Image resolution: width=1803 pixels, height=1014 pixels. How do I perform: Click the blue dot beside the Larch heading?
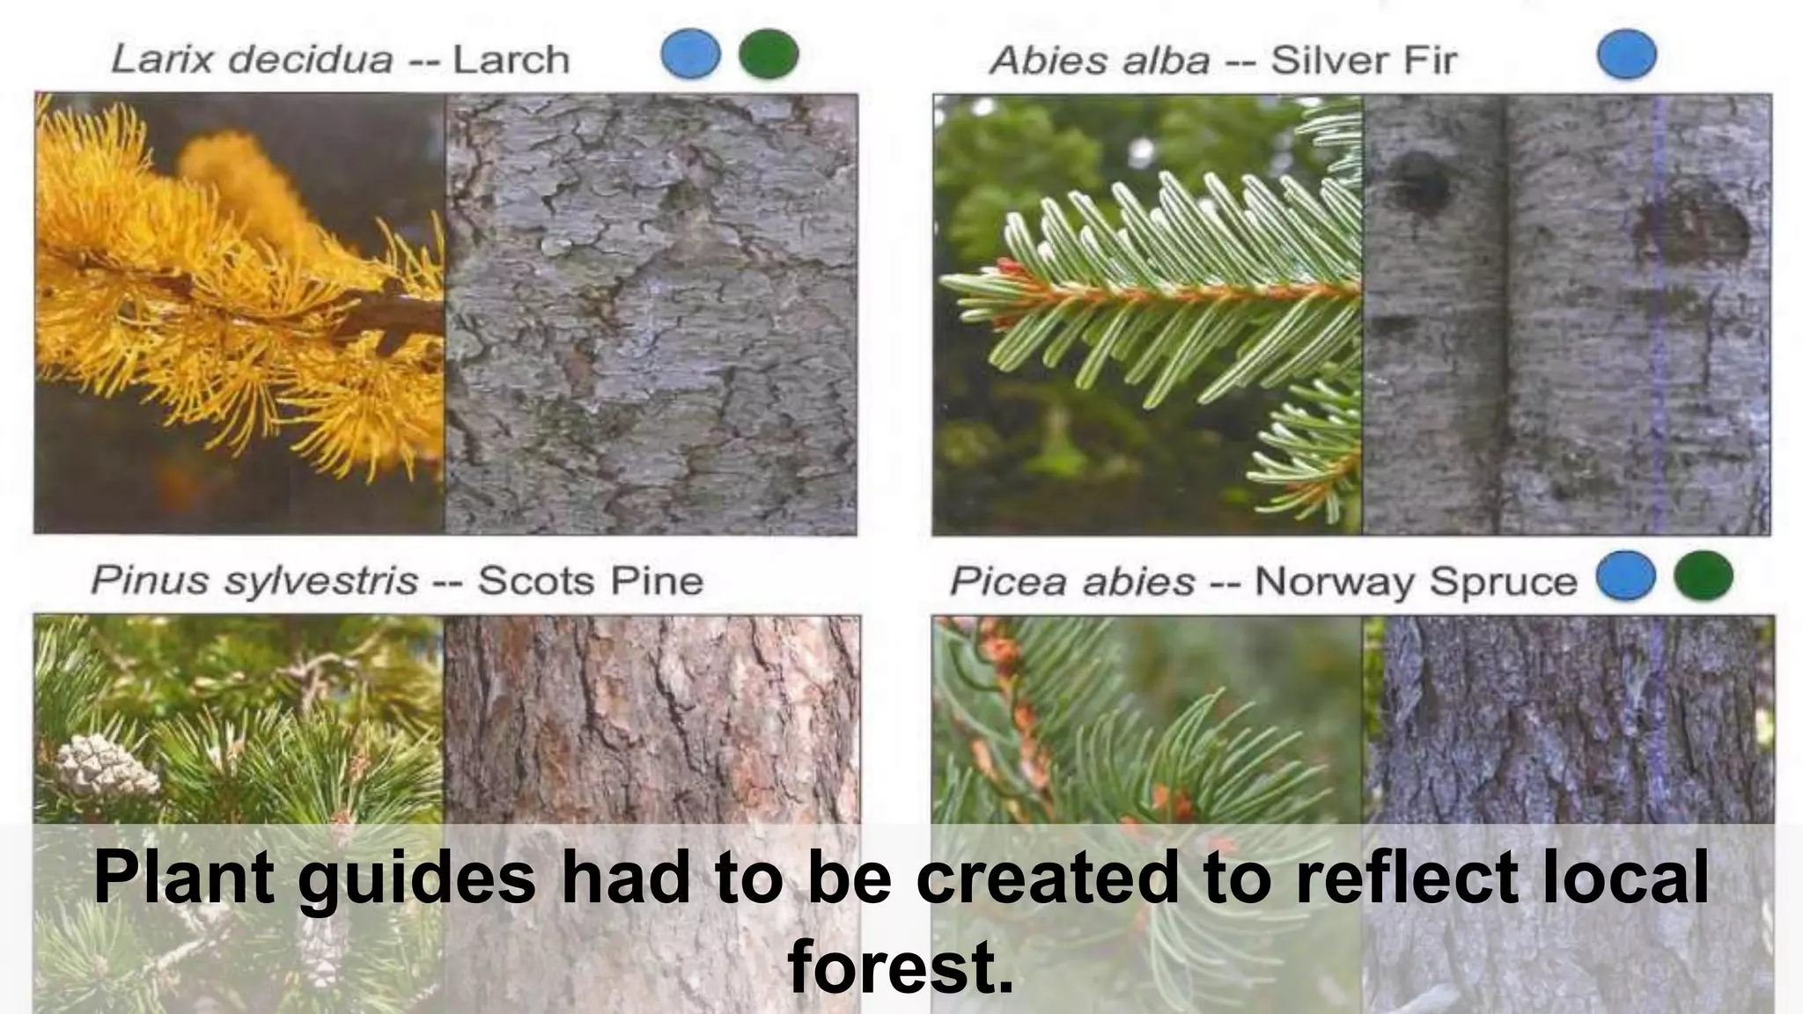tap(690, 54)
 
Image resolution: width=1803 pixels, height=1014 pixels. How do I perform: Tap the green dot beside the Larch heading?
tap(769, 54)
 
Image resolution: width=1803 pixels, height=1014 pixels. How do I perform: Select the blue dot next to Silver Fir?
tap(1626, 54)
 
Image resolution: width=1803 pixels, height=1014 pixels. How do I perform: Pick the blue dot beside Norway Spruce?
tap(1625, 576)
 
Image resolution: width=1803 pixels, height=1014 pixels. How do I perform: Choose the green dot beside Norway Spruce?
tap(1704, 576)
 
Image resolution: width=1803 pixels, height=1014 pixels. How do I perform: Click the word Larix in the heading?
tap(162, 60)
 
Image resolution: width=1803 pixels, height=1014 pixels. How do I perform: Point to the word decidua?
tap(309, 60)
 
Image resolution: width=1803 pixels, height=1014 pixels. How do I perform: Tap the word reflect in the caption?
tap(1407, 878)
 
